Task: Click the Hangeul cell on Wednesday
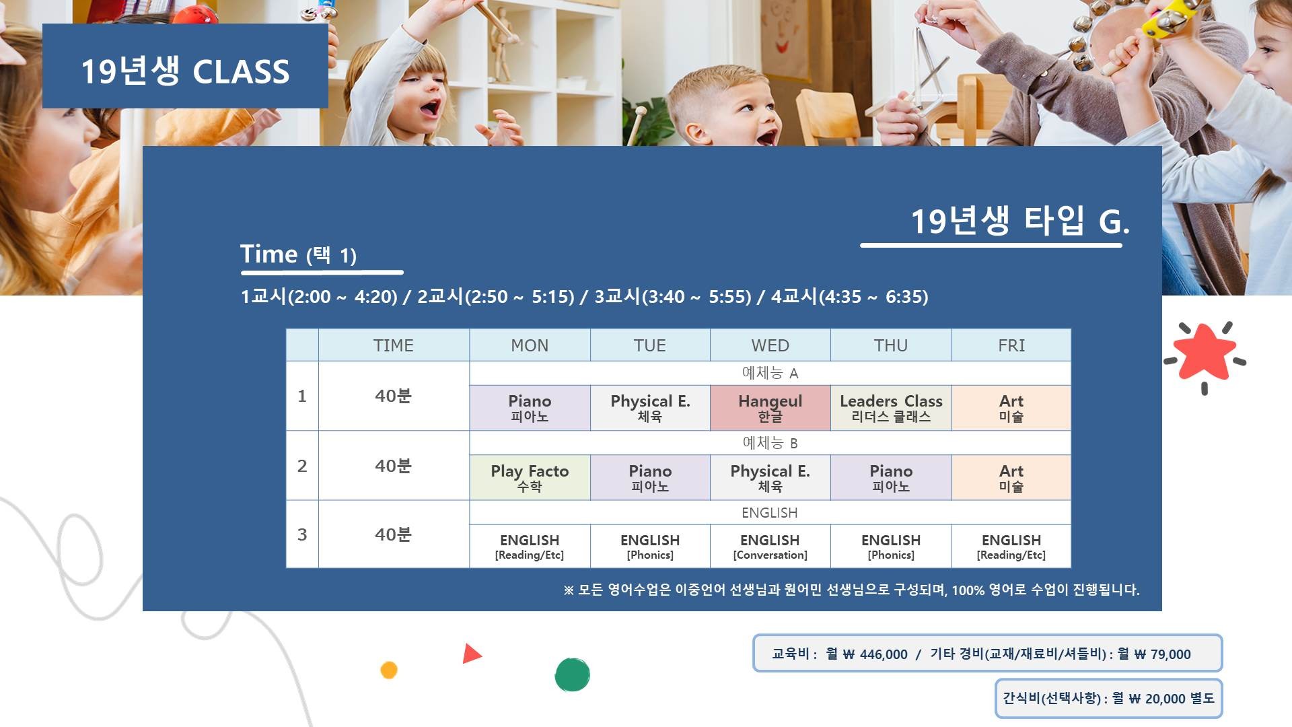(x=770, y=408)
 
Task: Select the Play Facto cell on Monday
(x=530, y=478)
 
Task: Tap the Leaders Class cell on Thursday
(x=891, y=408)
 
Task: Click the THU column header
(x=891, y=345)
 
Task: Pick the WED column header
(x=770, y=345)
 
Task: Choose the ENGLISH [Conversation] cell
(x=770, y=547)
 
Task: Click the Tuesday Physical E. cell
(x=650, y=408)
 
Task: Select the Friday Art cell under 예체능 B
(x=1011, y=478)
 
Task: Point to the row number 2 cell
(x=302, y=466)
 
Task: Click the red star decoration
(x=1205, y=351)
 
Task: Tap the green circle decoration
(x=572, y=674)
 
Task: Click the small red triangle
(x=470, y=654)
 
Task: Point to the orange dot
(x=389, y=670)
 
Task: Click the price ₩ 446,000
(x=875, y=654)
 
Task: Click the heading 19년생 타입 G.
(x=1019, y=221)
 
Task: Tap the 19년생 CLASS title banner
(x=185, y=66)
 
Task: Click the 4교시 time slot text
(x=850, y=296)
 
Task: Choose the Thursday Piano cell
(x=891, y=478)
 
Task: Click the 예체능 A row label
(x=770, y=373)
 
